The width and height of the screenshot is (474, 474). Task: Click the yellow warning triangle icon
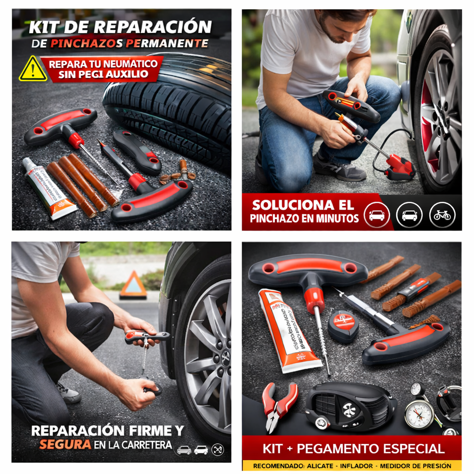point(33,69)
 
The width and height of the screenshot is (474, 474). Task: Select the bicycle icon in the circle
point(443,215)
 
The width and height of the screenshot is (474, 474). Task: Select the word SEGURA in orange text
point(58,445)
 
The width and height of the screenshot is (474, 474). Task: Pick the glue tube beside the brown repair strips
point(50,188)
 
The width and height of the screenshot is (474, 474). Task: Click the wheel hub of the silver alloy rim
point(225,357)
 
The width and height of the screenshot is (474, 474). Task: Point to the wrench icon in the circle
point(218,449)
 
